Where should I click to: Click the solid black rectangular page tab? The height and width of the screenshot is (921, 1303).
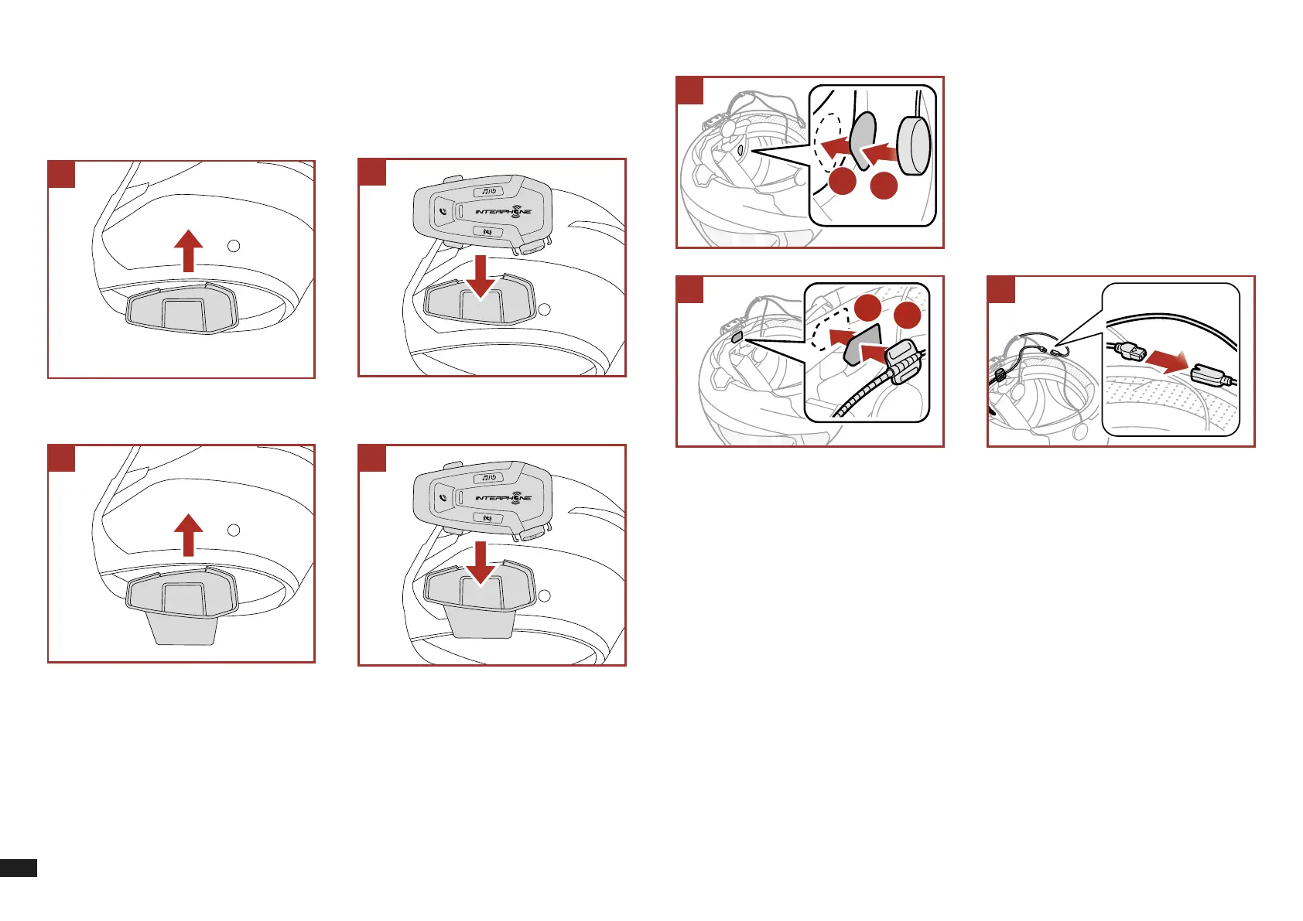(x=18, y=867)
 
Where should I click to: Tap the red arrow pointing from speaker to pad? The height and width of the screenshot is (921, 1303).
(x=880, y=153)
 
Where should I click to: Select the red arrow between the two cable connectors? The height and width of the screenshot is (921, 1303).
(x=1167, y=360)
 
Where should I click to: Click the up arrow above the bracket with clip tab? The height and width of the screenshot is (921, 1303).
(x=188, y=536)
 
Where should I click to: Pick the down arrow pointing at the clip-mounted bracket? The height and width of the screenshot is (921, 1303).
(x=481, y=562)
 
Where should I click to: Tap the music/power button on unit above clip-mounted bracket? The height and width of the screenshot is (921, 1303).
(x=488, y=477)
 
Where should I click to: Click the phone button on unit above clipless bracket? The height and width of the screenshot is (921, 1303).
(x=443, y=210)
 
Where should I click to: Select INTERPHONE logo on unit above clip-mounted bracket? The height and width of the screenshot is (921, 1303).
(x=503, y=497)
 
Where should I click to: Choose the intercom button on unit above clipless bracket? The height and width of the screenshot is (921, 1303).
(x=488, y=232)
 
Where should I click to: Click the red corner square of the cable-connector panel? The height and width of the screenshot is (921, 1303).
(x=1001, y=289)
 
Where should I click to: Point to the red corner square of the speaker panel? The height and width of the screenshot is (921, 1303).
(x=690, y=90)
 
